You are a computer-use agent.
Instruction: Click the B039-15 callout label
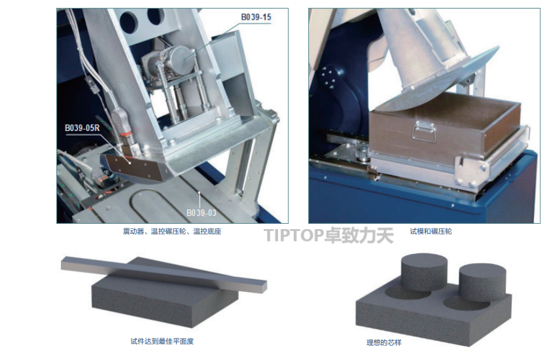pos(256,17)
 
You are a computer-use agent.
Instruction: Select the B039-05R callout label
pos(82,128)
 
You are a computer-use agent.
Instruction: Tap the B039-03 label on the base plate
pos(202,213)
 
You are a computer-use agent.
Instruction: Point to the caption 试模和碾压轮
pos(431,231)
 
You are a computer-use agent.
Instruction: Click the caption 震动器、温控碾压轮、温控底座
pos(172,231)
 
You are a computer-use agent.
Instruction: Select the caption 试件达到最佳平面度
pos(162,341)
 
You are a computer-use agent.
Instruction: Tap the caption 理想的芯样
pos(383,342)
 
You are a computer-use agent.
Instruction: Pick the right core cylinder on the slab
pos(482,282)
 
